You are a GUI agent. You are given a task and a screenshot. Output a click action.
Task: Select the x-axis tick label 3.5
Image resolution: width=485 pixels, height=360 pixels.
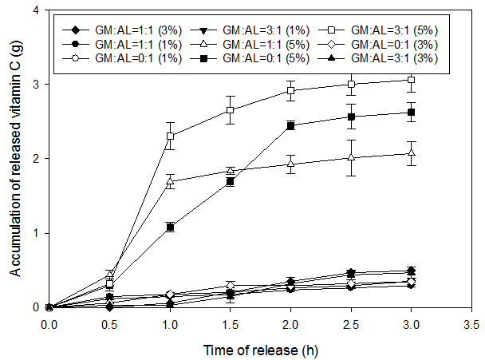[x=471, y=325]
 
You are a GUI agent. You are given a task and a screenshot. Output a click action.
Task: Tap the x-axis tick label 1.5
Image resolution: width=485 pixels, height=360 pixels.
[x=230, y=325]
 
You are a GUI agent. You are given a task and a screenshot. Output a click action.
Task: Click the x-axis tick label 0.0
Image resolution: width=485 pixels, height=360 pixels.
[x=49, y=325]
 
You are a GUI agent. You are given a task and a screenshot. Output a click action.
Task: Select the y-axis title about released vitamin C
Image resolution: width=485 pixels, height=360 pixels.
[x=15, y=158]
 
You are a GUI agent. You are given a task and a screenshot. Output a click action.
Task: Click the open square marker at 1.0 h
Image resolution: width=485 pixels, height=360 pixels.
[x=170, y=136]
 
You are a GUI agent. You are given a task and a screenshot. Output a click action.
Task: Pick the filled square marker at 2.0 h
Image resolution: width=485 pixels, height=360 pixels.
[x=290, y=126]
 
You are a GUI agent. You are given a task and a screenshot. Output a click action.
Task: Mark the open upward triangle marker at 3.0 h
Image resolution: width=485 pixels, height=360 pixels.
[x=411, y=152]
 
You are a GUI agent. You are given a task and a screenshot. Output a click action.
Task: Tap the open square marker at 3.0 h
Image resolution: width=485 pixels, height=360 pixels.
[x=411, y=80]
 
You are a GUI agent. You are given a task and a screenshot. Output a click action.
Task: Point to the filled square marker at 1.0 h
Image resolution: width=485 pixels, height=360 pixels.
[x=170, y=227]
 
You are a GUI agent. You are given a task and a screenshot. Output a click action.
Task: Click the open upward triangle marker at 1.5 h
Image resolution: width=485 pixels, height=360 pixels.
[x=230, y=170]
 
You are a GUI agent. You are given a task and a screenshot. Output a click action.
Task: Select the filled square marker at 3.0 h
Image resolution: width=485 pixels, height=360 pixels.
[x=411, y=113]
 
